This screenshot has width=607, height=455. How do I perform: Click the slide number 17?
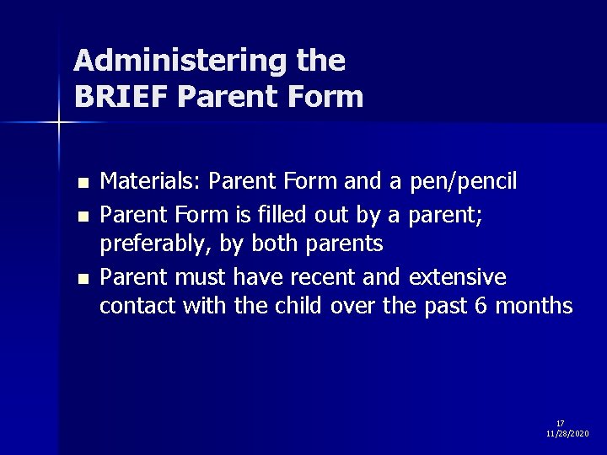(x=561, y=423)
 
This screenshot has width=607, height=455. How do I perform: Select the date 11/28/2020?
(x=568, y=433)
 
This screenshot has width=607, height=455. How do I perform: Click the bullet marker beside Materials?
(x=81, y=183)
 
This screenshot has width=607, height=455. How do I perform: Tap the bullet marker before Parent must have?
(x=81, y=278)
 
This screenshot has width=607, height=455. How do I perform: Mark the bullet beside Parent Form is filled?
(x=81, y=217)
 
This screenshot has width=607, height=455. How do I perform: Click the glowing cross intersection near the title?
(x=58, y=123)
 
